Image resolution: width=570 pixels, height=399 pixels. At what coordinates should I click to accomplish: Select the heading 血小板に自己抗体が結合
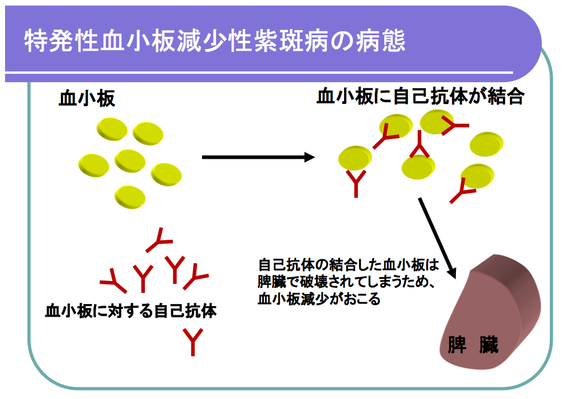pyautogui.click(x=420, y=96)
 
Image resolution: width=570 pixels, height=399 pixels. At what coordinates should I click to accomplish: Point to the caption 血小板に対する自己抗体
pyautogui.click(x=131, y=311)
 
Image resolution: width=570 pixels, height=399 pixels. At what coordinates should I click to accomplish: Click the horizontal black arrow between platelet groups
pyautogui.click(x=258, y=157)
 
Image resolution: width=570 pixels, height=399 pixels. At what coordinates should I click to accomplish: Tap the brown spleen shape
pyautogui.click(x=492, y=313)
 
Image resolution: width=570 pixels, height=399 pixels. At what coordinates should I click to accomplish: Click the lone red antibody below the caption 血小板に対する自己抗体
pyautogui.click(x=193, y=341)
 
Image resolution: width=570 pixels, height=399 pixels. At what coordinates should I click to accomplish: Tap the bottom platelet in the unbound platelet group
pyautogui.click(x=130, y=196)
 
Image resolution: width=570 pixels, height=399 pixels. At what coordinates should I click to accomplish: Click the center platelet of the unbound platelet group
pyautogui.click(x=130, y=161)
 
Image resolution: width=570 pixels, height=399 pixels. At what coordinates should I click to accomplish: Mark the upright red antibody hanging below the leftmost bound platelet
pyautogui.click(x=356, y=183)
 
